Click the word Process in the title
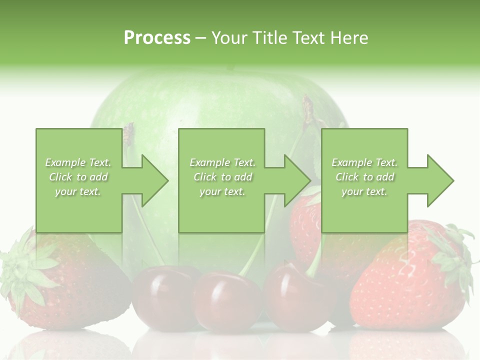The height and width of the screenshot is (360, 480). [157, 38]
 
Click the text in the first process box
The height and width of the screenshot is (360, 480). [78, 177]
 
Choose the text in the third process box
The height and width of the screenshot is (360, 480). [364, 177]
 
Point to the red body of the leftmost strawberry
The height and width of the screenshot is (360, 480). [80, 290]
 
